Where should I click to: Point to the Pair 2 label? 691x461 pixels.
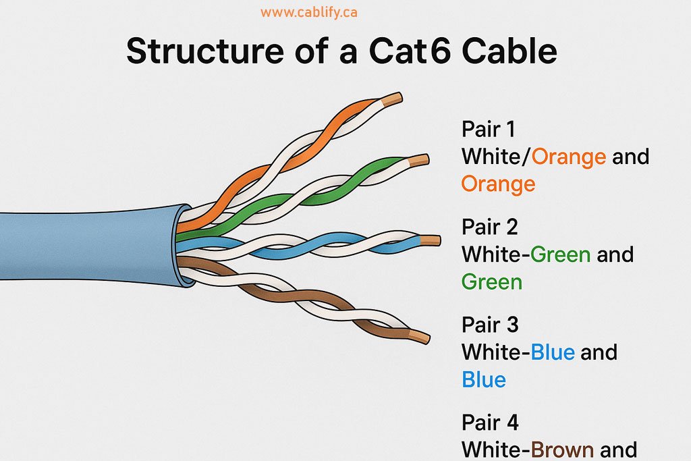(489, 227)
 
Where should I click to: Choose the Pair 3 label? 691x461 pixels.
(490, 325)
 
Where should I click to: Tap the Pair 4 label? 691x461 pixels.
(490, 423)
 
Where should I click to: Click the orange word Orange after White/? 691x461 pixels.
(569, 157)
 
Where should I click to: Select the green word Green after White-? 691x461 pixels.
(560, 255)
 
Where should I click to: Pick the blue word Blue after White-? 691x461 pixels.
(553, 353)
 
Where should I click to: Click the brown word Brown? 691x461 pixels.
(561, 450)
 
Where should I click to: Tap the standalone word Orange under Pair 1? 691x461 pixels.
(498, 184)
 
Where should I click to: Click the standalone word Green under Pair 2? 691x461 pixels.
(492, 281)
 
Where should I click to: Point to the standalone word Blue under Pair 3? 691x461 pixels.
(484, 380)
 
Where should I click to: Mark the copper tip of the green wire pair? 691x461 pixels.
(419, 161)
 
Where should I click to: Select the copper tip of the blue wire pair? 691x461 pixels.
(430, 240)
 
